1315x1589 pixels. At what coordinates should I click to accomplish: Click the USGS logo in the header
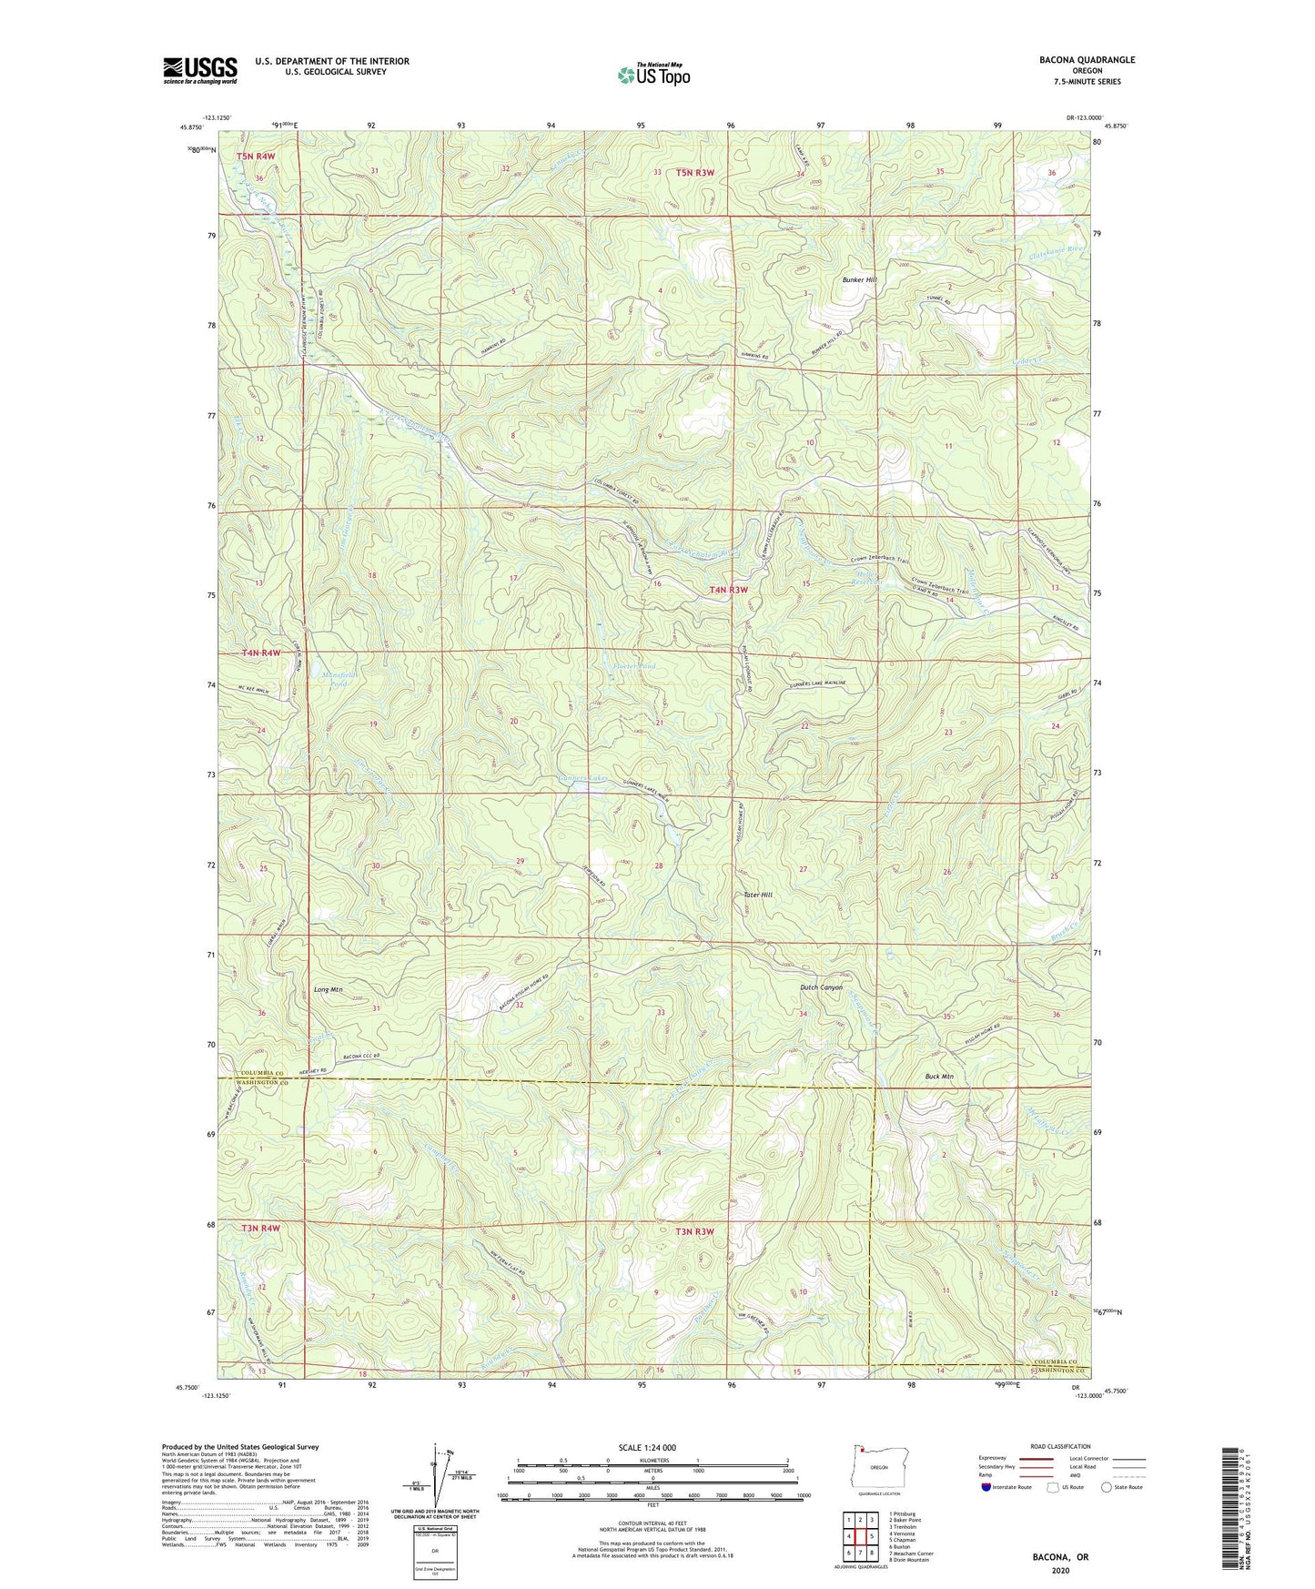[x=200, y=71]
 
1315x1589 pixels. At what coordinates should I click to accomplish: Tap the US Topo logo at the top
[x=653, y=75]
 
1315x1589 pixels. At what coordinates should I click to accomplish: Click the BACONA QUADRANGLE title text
[x=1087, y=60]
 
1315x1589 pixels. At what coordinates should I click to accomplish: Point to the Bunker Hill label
[x=857, y=279]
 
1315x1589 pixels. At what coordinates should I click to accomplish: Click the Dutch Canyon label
[x=821, y=987]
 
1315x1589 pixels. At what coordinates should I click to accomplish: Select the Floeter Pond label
[x=634, y=666]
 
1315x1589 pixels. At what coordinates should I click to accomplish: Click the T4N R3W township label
[x=728, y=590]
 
